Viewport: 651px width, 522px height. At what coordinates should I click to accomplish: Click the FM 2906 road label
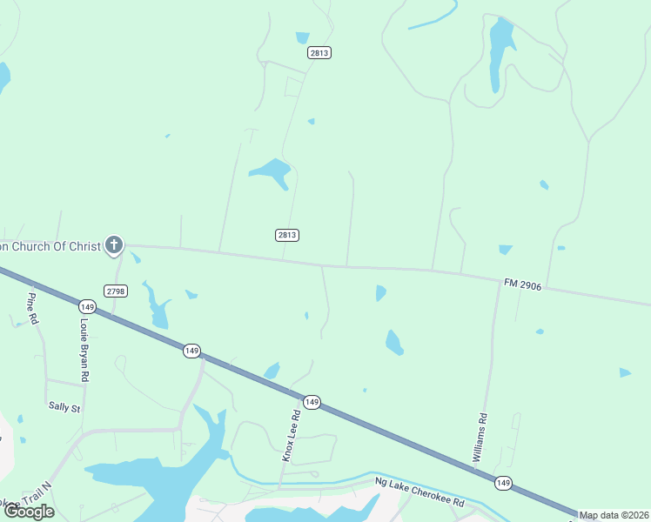pos(522,284)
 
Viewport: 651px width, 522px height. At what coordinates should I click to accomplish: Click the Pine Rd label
pos(32,308)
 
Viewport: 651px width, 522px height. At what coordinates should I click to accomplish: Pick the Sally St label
pos(64,407)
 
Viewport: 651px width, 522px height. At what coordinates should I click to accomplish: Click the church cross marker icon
pos(114,245)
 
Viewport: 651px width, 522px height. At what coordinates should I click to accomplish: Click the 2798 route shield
pos(115,290)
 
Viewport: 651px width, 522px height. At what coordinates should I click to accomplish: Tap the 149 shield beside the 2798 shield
pos(86,306)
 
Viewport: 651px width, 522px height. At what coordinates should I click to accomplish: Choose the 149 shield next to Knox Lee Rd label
pos(312,402)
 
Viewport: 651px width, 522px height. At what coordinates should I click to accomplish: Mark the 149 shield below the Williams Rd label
pos(502,483)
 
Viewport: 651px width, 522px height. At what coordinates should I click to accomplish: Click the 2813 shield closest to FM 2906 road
pos(287,235)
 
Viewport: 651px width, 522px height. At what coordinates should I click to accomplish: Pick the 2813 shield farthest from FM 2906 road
pos(319,53)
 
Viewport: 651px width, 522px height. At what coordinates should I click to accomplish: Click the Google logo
pos(29,512)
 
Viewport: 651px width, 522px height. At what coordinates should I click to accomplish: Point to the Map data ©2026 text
pos(614,515)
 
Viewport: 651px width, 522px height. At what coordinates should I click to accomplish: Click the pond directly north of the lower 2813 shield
pos(272,171)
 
